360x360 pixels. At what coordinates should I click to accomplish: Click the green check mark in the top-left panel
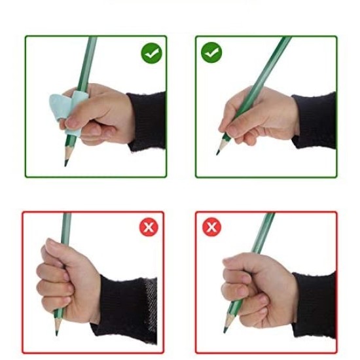point(151,53)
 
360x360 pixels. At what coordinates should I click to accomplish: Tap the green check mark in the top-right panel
point(211,53)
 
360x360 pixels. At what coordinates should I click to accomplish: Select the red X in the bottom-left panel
point(149,227)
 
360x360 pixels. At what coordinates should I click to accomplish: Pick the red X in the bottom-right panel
point(211,227)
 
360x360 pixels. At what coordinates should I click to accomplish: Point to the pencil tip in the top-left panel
point(66,163)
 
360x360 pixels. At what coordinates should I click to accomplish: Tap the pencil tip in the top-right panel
point(218,153)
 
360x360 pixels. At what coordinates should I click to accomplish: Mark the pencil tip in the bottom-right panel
point(226,331)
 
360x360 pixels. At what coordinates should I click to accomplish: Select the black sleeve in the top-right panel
point(315,120)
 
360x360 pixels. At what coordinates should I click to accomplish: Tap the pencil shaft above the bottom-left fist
point(65,226)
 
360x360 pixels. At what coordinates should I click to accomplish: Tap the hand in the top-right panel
point(259,118)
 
